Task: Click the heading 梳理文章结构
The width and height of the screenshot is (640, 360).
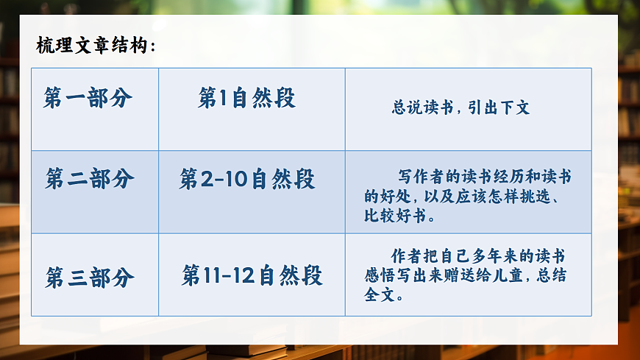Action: pyautogui.click(x=95, y=46)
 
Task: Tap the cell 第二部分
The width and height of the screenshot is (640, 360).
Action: pyautogui.click(x=90, y=179)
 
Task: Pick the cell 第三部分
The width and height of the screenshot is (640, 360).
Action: pyautogui.click(x=90, y=278)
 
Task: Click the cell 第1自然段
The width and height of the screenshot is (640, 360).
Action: pyautogui.click(x=246, y=98)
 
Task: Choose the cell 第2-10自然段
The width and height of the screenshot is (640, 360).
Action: pyautogui.click(x=246, y=179)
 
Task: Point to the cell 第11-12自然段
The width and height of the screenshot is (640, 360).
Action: pyautogui.click(x=252, y=276)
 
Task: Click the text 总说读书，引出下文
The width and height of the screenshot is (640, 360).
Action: pyautogui.click(x=461, y=107)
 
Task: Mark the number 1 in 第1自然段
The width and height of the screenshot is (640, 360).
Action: pyautogui.click(x=223, y=99)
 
